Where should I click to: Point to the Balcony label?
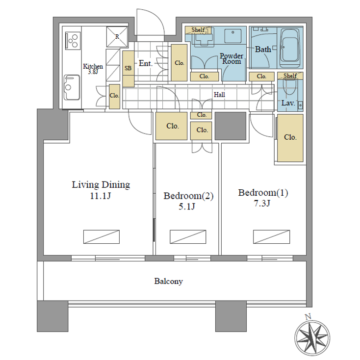point(168,282)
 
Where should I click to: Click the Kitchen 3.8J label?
point(93,69)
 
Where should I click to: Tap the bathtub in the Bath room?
point(289,48)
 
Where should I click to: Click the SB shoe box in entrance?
point(128,69)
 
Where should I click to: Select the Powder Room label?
point(231,59)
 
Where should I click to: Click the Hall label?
point(219,95)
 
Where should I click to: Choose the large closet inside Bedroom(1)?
point(290,138)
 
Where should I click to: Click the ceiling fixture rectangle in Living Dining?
point(101,236)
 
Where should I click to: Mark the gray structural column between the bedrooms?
point(230,126)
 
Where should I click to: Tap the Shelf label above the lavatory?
point(290,76)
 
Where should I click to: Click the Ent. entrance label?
point(146,64)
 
